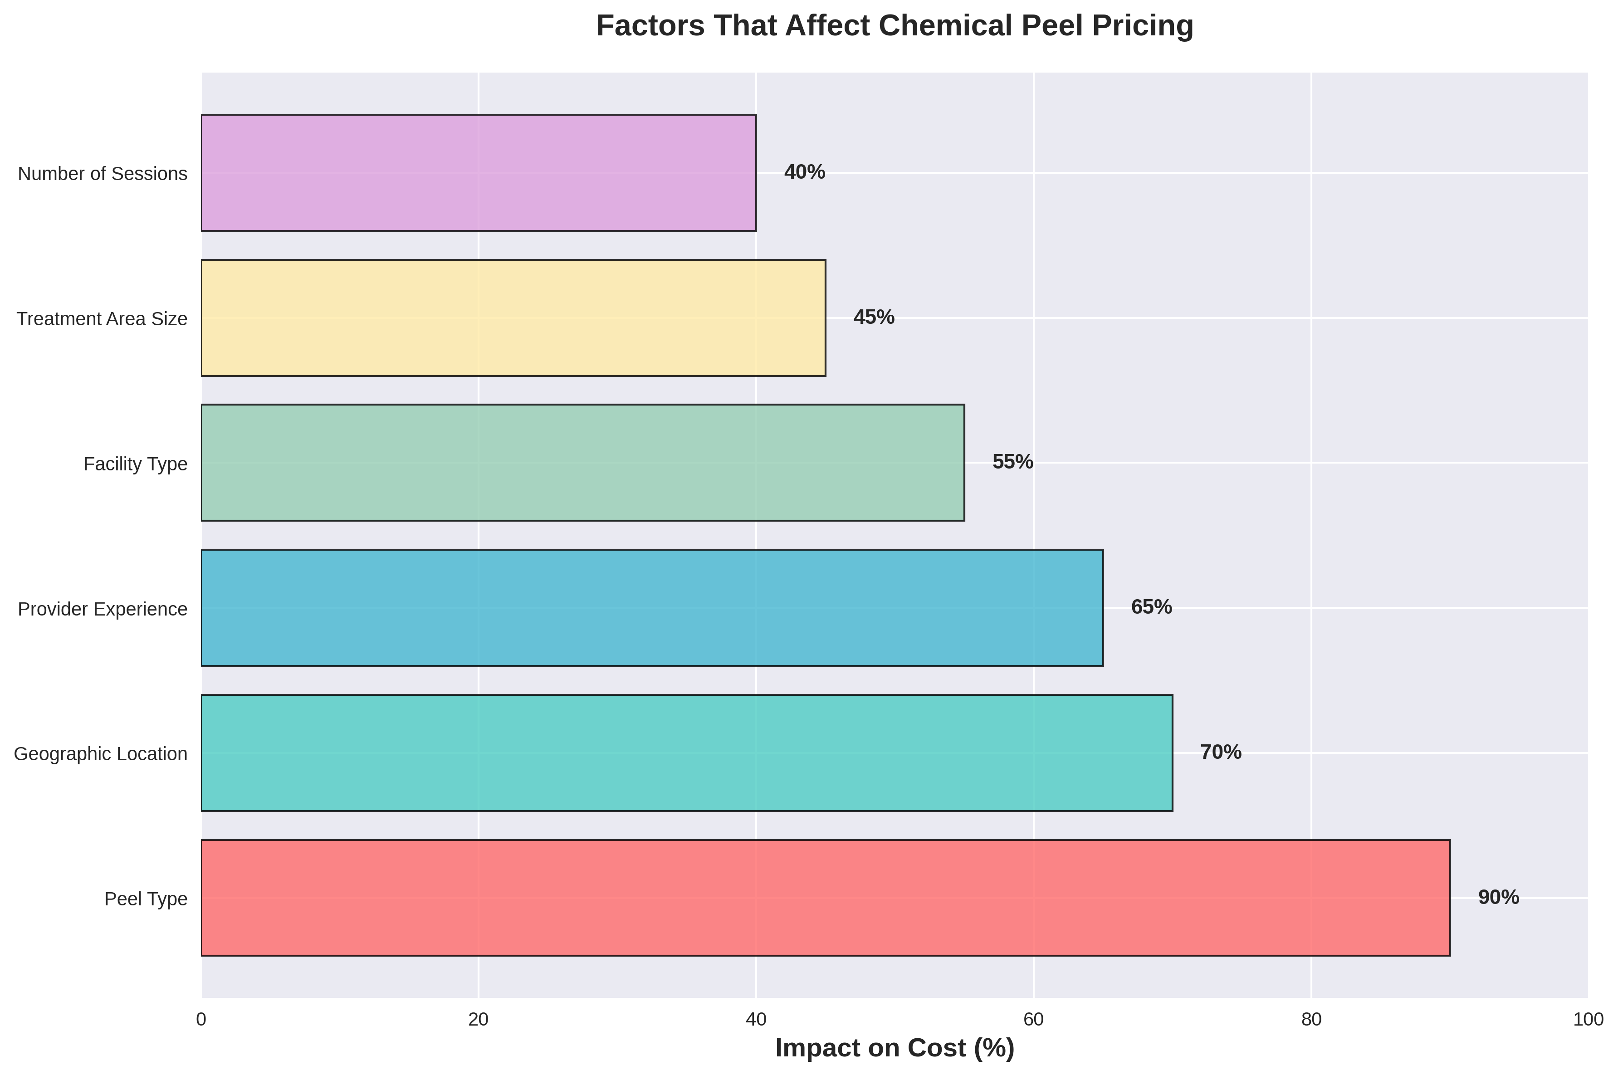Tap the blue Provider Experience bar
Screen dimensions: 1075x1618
pos(652,607)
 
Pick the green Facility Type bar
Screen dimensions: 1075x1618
pos(583,463)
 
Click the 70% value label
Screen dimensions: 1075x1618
pos(1220,753)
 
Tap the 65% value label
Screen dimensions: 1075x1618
pos(1151,607)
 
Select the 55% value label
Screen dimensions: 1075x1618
pos(1012,463)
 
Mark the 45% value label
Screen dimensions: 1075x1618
pos(874,318)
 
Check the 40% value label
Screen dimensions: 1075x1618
pos(804,173)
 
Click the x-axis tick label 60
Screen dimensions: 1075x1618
pos(1033,1020)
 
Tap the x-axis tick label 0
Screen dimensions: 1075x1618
pos(201,1020)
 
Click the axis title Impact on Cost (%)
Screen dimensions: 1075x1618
pos(895,1049)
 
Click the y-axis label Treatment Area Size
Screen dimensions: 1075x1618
pos(102,319)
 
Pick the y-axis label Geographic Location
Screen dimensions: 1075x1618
pos(101,754)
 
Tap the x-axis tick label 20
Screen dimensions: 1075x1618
pos(479,1020)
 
